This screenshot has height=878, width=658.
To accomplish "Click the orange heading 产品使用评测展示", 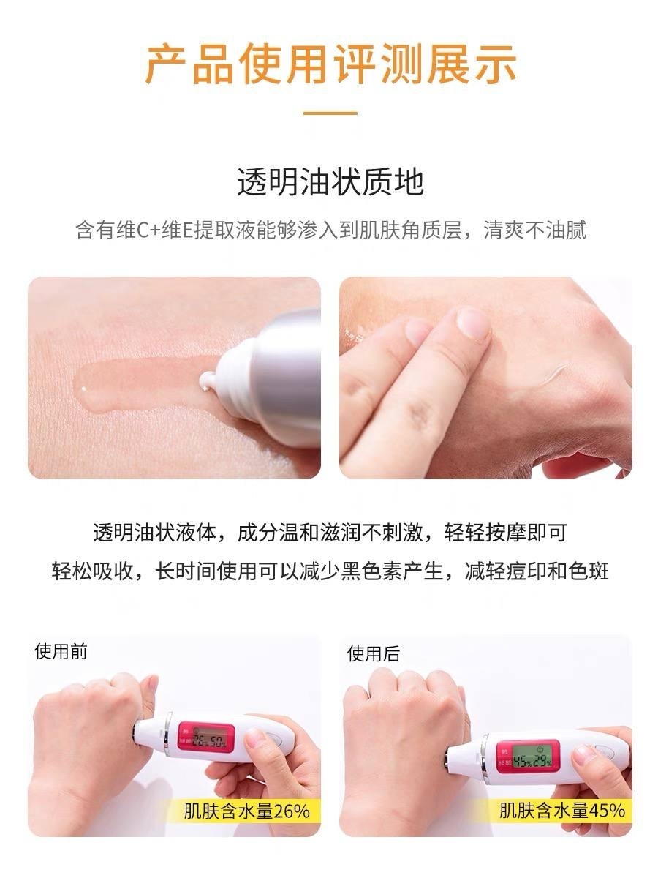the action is (330, 64).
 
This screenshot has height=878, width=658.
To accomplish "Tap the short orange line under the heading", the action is (330, 113).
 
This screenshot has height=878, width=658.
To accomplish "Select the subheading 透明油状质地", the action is (330, 182).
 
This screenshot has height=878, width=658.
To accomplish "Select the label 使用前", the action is (61, 650).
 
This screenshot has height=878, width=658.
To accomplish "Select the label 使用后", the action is (373, 653).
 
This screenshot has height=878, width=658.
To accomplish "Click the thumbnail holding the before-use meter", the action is (254, 738).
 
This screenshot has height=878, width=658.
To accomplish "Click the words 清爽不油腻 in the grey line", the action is (534, 230).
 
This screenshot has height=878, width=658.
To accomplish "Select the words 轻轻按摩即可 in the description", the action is (505, 533).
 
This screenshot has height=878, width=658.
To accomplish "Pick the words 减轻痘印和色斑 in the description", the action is (537, 571).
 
